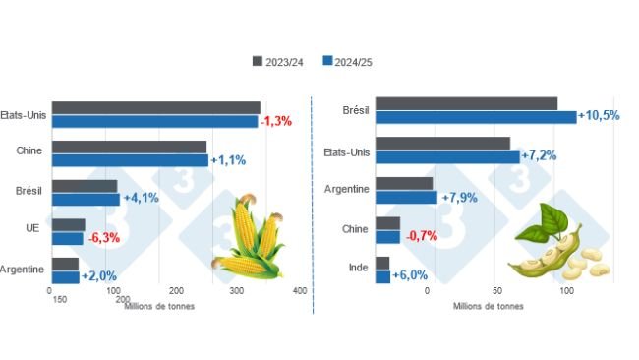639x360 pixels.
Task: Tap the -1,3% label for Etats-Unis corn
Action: coord(276,121)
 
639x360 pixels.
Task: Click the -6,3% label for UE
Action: coord(103,237)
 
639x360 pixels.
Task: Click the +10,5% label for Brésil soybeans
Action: coord(599,116)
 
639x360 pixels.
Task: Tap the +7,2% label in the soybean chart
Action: coord(541,155)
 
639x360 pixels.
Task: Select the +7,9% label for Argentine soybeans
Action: coord(459,197)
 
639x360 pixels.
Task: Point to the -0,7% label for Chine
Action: coord(420,236)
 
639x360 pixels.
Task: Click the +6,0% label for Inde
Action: coord(410,275)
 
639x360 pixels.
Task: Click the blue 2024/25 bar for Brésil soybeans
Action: coord(476,117)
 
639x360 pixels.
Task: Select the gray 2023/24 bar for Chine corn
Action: coord(129,147)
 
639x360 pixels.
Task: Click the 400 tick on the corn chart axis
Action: coord(301,291)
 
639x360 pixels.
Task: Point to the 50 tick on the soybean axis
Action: coord(496,291)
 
